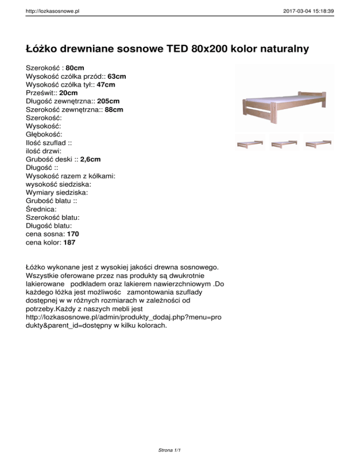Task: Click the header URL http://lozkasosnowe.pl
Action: tap(52, 9)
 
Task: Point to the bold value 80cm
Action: tap(75, 68)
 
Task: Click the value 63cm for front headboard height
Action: tap(117, 76)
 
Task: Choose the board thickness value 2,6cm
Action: tap(90, 159)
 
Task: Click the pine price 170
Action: tap(74, 234)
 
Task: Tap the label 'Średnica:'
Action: tap(43, 209)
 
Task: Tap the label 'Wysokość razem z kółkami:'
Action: tap(71, 176)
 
